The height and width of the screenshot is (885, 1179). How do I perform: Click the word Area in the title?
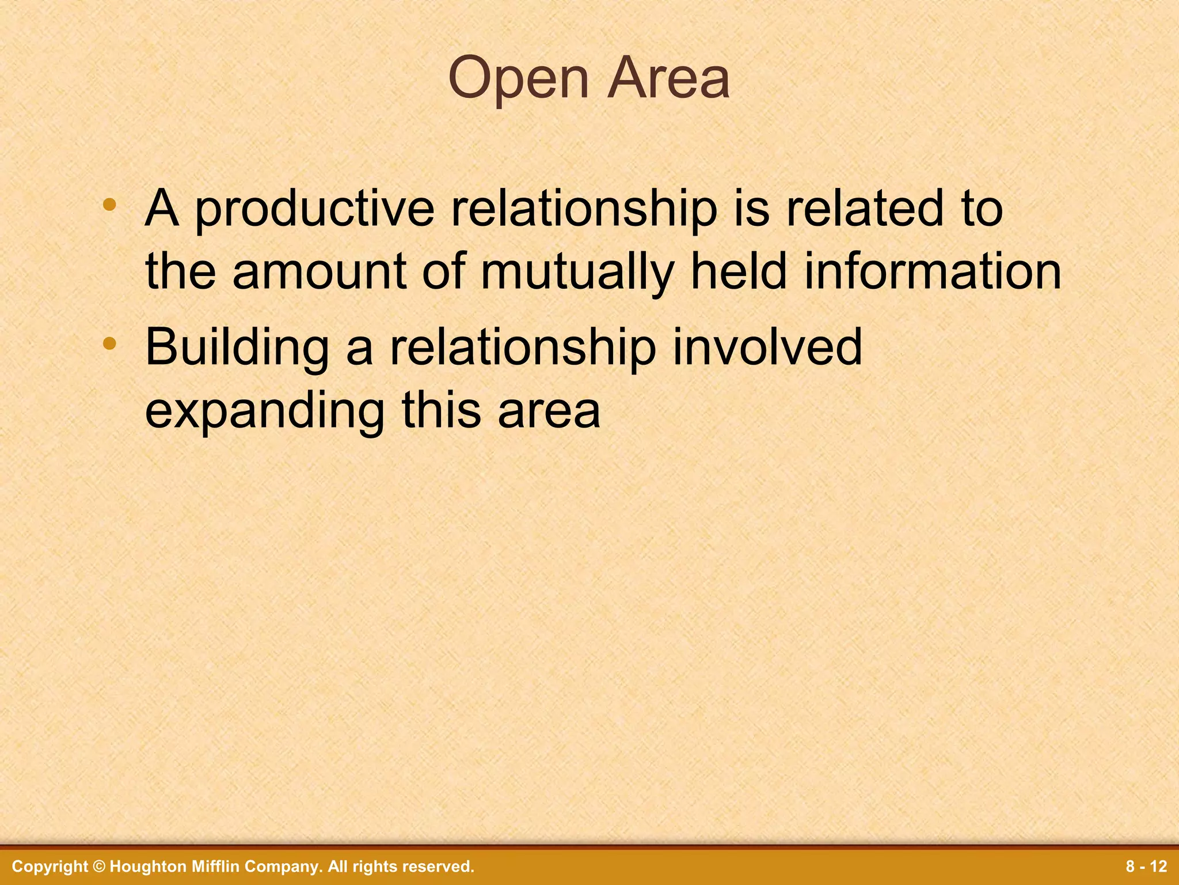pyautogui.click(x=668, y=78)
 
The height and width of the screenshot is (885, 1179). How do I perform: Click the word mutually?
pyautogui.click(x=577, y=273)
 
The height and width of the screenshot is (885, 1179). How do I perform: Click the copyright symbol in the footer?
pyautogui.click(x=99, y=867)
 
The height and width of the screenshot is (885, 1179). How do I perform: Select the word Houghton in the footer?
pyautogui.click(x=145, y=867)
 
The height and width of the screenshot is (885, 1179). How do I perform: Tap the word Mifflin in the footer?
pyautogui.click(x=211, y=867)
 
